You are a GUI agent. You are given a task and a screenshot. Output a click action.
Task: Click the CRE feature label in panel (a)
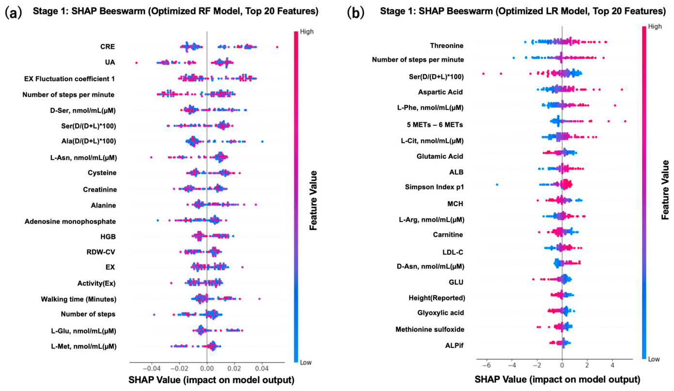pyautogui.click(x=108, y=46)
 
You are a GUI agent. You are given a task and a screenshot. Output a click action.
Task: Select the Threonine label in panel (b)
pyautogui.click(x=447, y=45)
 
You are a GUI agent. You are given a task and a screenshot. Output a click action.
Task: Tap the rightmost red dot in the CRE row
pyautogui.click(x=277, y=47)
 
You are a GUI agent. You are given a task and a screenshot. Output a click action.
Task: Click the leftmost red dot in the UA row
pyautogui.click(x=136, y=63)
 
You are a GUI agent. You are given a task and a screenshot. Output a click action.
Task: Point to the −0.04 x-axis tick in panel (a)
pyautogui.click(x=151, y=368)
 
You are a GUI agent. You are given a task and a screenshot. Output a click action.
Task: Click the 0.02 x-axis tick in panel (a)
pyautogui.click(x=235, y=368)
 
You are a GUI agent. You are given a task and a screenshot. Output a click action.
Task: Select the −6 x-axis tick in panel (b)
pyautogui.click(x=486, y=365)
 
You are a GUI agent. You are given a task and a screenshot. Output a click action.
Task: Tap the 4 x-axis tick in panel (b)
pyautogui.click(x=612, y=365)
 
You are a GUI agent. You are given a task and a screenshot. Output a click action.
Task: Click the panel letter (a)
pyautogui.click(x=14, y=13)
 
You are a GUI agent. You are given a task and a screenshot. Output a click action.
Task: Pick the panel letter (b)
pyautogui.click(x=356, y=13)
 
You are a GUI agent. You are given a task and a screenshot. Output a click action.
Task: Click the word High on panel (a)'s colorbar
pyautogui.click(x=307, y=31)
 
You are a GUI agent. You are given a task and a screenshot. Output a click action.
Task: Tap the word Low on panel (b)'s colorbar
pyautogui.click(x=654, y=359)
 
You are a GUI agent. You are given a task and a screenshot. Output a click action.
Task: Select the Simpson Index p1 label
pyautogui.click(x=434, y=187)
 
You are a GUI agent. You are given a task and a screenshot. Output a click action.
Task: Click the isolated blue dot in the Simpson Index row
pyautogui.click(x=497, y=184)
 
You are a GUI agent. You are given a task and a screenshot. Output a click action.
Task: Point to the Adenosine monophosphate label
pyautogui.click(x=70, y=222)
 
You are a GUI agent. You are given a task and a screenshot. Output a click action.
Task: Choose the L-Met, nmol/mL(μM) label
pyautogui.click(x=84, y=346)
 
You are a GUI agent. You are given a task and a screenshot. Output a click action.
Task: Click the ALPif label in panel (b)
pyautogui.click(x=455, y=346)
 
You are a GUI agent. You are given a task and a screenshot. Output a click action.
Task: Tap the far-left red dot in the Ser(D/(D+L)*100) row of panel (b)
pyautogui.click(x=483, y=74)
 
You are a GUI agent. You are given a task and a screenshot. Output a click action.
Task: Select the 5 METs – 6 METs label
pyautogui.click(x=435, y=125)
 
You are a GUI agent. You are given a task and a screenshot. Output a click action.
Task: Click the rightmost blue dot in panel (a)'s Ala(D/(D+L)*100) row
pyautogui.click(x=262, y=142)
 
